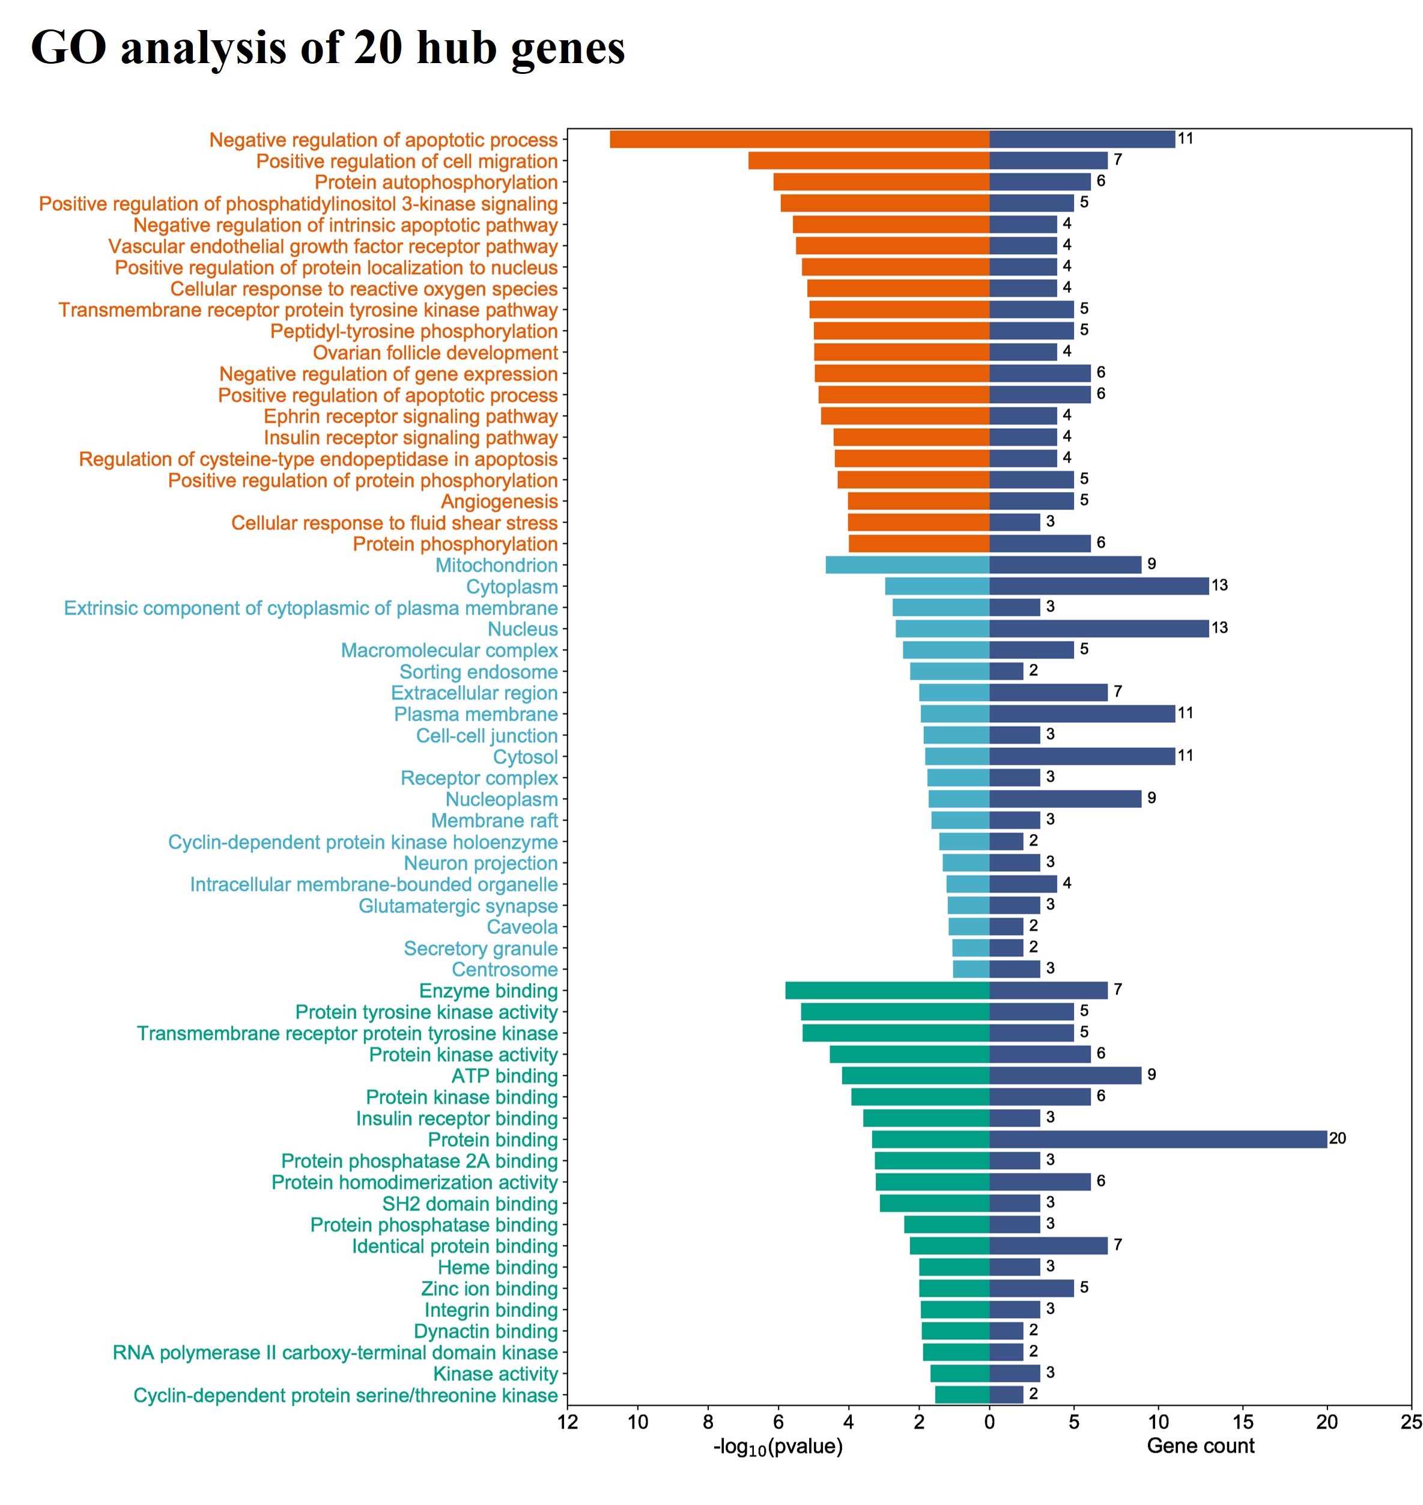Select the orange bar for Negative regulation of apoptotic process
coord(799,139)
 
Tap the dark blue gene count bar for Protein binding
coord(1158,1139)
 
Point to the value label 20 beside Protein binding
coord(1337,1139)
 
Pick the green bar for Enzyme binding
coord(887,991)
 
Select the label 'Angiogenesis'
coord(499,502)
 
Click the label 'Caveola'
coord(522,927)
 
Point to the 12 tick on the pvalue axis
coord(568,1422)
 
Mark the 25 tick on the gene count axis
coord(1411,1422)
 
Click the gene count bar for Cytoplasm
coord(1099,586)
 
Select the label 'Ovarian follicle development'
coord(435,353)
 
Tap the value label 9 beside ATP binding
coord(1151,1075)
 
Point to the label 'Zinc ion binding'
coord(490,1289)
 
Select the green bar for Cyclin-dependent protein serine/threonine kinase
coord(962,1395)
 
